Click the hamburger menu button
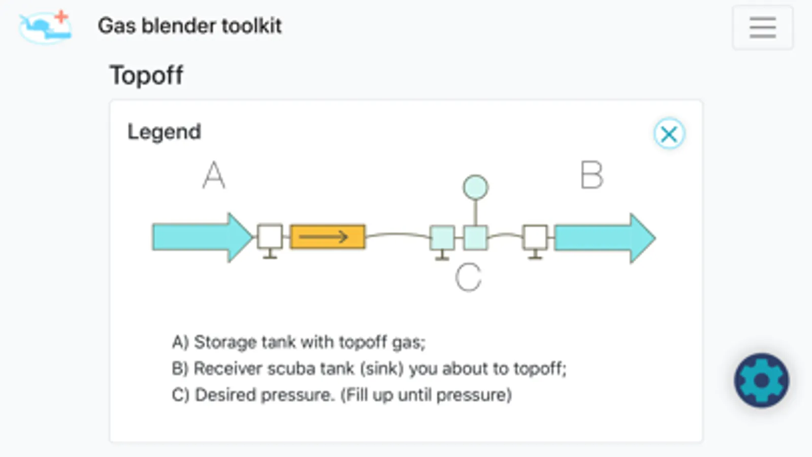click(762, 27)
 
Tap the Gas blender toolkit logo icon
click(46, 27)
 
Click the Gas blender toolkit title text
click(189, 26)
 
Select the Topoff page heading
click(146, 76)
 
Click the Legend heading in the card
click(164, 132)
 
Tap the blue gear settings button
click(761, 380)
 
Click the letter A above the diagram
click(213, 175)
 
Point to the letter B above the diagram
click(592, 175)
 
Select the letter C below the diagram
click(468, 277)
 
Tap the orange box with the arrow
click(328, 237)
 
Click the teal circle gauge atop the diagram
click(475, 187)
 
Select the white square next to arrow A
click(270, 237)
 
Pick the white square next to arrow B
click(535, 237)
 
